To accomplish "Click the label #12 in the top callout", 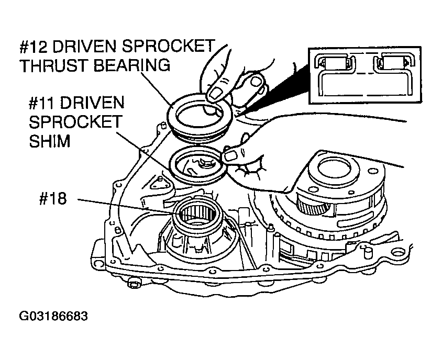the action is point(34,47).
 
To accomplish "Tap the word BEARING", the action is point(131,65).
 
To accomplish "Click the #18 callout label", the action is point(53,199).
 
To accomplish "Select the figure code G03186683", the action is point(53,316).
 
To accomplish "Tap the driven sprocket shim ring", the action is point(172,169).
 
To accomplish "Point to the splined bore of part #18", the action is point(197,213).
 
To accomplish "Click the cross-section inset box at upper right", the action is point(365,75).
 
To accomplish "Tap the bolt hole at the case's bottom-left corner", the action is point(99,263).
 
